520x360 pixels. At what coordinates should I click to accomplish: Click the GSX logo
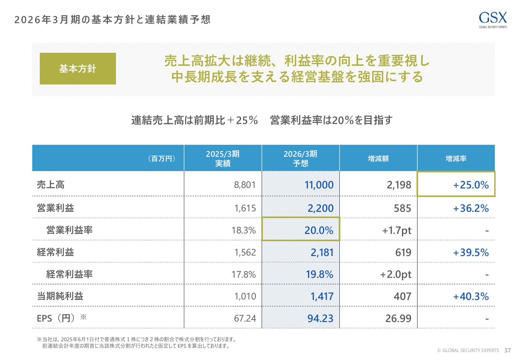click(493, 19)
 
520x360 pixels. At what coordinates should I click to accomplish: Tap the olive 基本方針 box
click(78, 69)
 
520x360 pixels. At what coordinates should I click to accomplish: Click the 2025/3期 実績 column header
click(223, 158)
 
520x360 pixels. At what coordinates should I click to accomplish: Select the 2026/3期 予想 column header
click(300, 158)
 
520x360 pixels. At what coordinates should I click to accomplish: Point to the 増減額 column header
click(378, 159)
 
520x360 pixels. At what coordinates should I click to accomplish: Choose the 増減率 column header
click(456, 159)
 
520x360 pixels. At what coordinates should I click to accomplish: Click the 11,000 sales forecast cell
click(319, 185)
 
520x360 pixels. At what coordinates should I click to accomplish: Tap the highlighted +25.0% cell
click(471, 185)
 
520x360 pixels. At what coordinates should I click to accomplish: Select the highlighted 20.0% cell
click(319, 230)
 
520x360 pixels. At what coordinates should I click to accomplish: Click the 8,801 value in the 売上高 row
click(245, 185)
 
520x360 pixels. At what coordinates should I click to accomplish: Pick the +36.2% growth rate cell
click(471, 208)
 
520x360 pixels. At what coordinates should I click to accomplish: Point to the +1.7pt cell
click(397, 230)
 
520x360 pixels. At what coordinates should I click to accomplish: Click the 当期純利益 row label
click(60, 296)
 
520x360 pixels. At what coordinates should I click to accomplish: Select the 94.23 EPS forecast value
click(320, 318)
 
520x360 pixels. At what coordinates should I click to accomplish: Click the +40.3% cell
click(471, 296)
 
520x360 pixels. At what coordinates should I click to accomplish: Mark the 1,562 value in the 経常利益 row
click(245, 252)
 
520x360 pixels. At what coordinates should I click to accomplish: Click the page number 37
click(508, 350)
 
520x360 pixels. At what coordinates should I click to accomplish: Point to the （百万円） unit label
click(162, 159)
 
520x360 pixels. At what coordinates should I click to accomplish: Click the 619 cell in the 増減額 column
click(403, 252)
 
